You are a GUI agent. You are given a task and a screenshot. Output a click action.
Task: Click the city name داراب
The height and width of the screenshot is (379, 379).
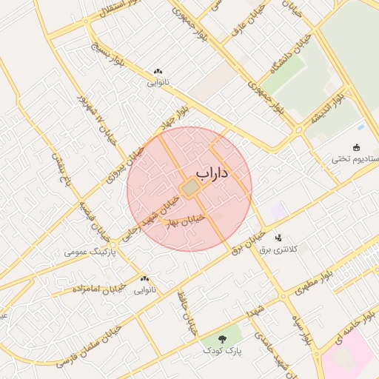click(x=213, y=173)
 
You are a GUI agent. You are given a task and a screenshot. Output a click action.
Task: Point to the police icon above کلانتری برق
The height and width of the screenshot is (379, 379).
click(x=278, y=238)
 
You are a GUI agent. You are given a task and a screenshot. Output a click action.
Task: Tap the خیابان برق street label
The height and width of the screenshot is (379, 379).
click(x=247, y=239)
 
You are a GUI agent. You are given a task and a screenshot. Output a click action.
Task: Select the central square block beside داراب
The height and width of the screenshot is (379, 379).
click(x=191, y=189)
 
